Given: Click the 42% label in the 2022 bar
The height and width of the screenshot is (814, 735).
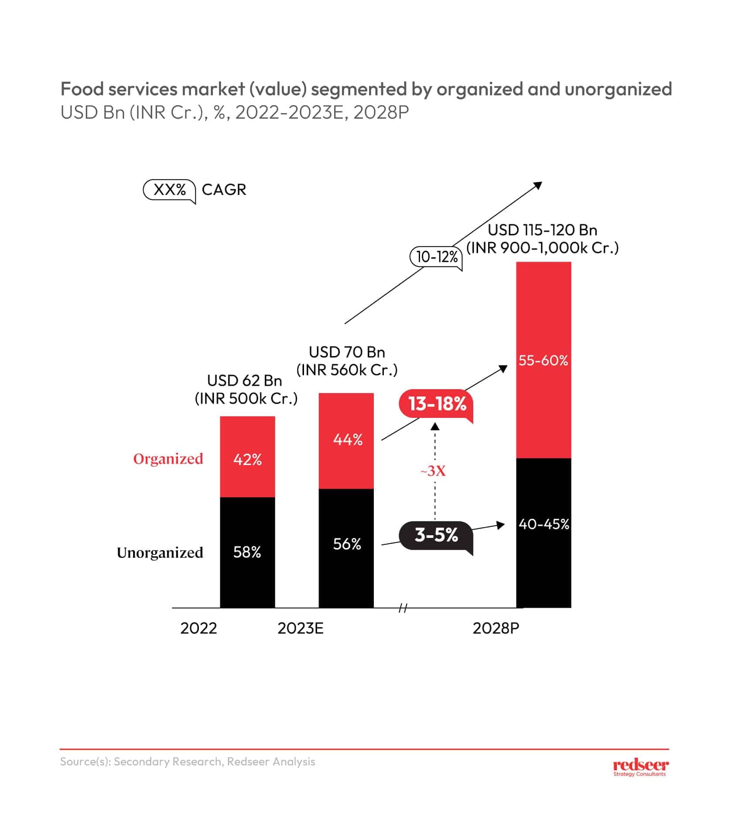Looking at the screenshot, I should [x=247, y=459].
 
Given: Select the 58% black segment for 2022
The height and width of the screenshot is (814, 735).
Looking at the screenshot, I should [x=247, y=552].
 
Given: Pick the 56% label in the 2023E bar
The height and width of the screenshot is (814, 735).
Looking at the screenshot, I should [x=347, y=544].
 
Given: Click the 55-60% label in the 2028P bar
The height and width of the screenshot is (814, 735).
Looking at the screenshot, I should [x=543, y=360].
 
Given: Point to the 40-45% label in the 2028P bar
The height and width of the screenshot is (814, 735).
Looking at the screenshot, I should [x=544, y=524].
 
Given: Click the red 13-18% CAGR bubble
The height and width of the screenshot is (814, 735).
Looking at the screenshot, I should [x=437, y=404].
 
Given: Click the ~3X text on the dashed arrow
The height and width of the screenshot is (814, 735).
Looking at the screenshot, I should [x=433, y=471].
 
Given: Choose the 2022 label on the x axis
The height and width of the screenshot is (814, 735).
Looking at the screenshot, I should [x=198, y=628].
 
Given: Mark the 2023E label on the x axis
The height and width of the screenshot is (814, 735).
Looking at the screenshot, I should [x=301, y=628].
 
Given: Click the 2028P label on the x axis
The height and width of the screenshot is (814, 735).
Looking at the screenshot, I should [x=496, y=628].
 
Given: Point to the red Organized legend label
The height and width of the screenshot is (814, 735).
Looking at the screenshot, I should [x=168, y=459].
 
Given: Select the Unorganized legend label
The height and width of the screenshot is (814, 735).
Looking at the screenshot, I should [x=160, y=553].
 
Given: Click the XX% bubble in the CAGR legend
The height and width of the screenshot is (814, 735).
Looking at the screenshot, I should [x=170, y=190].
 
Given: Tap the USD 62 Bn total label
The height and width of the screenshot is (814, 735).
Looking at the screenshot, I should [x=245, y=381].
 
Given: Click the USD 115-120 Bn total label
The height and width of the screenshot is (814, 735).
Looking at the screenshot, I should [x=542, y=230].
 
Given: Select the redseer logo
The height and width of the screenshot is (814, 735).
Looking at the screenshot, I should [x=640, y=766].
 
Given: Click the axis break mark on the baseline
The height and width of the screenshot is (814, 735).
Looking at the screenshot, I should [x=403, y=608].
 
